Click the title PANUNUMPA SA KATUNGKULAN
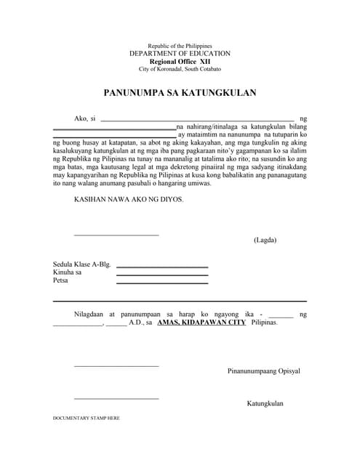point(180,93)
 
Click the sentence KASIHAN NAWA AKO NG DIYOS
point(129,198)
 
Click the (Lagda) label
point(265,240)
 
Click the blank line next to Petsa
point(161,283)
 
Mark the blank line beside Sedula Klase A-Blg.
point(161,267)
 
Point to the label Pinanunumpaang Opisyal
point(263,371)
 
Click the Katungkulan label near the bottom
point(265,403)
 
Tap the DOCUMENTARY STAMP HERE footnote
point(87,419)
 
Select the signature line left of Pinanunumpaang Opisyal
point(116,365)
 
